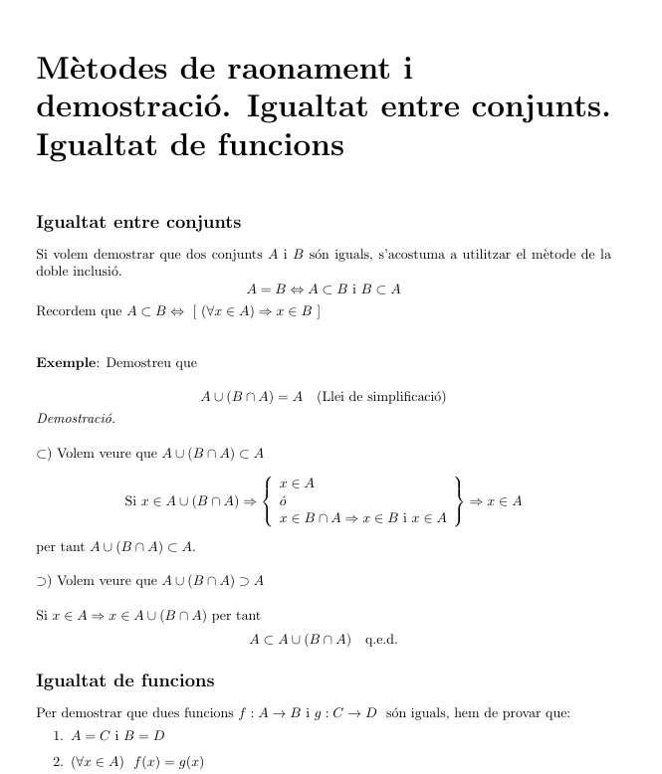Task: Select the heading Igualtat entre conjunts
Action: coord(138,221)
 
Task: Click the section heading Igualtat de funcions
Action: coord(124,680)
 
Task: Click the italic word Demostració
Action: coord(76,419)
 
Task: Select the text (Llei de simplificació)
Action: coord(381,397)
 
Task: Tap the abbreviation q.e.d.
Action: coord(381,639)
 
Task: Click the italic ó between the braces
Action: coord(284,501)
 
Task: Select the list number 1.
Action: coord(57,737)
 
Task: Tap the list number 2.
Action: coord(57,761)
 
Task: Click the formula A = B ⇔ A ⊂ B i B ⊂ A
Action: coord(324,290)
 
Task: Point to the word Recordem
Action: coord(66,312)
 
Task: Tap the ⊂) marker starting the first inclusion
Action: coord(43,454)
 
